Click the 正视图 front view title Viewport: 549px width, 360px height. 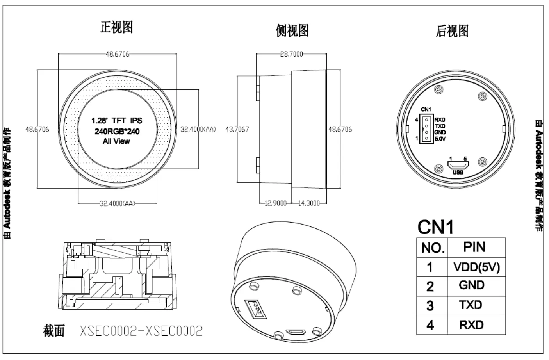117,27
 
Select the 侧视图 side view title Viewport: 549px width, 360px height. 292,30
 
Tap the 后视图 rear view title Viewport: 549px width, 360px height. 452,31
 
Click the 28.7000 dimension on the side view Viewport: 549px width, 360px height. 291,54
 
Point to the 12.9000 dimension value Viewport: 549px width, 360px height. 275,203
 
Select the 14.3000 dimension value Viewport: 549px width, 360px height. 309,203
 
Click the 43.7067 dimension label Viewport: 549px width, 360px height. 237,129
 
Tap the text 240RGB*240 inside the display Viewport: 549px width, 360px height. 117,131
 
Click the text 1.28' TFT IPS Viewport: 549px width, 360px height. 117,121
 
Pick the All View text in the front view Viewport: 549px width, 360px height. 116,141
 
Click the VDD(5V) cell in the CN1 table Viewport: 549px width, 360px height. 476,267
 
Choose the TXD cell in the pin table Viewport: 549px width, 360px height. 471,305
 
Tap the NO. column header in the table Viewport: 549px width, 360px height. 433,248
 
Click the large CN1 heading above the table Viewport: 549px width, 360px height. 435,227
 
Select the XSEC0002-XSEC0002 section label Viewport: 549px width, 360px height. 141,331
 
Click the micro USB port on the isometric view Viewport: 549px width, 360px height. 296,332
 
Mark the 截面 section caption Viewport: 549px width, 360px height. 54,331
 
